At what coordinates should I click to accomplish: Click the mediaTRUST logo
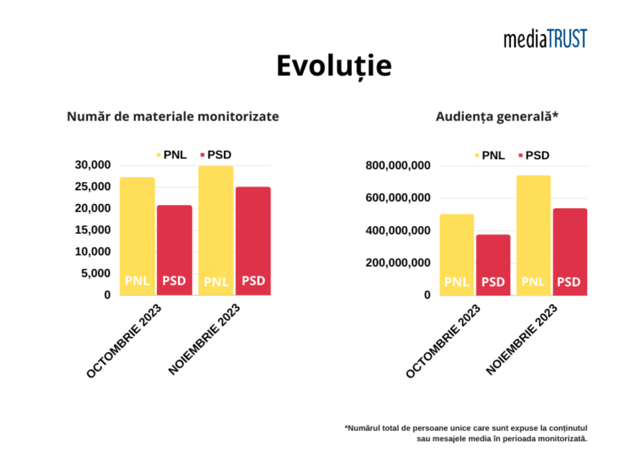point(545,38)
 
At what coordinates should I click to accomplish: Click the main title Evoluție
point(334,66)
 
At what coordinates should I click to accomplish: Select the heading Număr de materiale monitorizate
point(173,117)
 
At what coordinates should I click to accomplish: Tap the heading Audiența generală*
point(497,117)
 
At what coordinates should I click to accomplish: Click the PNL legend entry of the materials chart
point(171,155)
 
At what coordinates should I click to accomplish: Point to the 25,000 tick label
point(92,187)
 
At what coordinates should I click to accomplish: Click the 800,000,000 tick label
point(397,166)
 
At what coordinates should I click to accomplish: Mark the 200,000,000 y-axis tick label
point(397,263)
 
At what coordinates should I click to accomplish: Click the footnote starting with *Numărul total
point(466,433)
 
